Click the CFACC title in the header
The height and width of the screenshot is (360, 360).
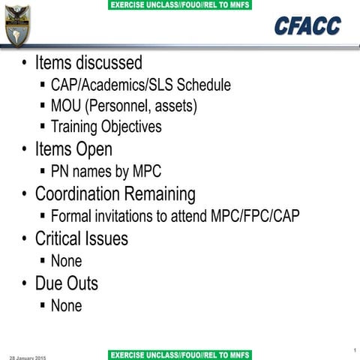pyautogui.click(x=307, y=26)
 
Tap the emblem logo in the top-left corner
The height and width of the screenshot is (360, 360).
pyautogui.click(x=17, y=25)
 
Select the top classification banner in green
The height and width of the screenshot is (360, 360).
pyautogui.click(x=180, y=5)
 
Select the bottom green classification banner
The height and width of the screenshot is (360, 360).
pyautogui.click(x=180, y=354)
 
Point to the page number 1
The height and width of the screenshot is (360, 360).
pyautogui.click(x=352, y=349)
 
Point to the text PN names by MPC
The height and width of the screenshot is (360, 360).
pyautogui.click(x=106, y=172)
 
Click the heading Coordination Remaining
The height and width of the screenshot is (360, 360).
pyautogui.click(x=115, y=194)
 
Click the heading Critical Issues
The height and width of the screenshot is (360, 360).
pyautogui.click(x=81, y=238)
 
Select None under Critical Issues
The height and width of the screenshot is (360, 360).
pyautogui.click(x=66, y=261)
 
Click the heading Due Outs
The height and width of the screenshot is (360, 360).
pyautogui.click(x=66, y=283)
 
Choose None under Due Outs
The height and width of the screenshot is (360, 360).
pyautogui.click(x=66, y=305)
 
